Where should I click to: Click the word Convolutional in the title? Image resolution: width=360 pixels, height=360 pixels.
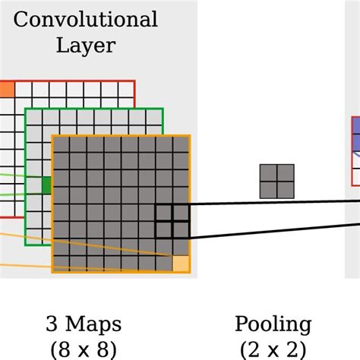click(85, 19)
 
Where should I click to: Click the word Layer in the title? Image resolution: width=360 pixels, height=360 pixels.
click(85, 45)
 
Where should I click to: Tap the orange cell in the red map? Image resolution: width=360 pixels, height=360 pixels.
click(6, 90)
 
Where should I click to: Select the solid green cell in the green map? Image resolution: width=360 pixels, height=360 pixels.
click(46, 185)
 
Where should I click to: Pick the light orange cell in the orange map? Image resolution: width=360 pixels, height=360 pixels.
click(181, 264)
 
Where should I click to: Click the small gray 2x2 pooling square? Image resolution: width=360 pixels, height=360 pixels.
click(277, 182)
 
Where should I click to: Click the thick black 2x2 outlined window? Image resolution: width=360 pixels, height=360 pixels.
click(172, 222)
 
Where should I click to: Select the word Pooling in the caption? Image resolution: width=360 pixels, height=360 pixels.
click(273, 324)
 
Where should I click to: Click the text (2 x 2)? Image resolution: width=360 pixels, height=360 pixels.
click(273, 349)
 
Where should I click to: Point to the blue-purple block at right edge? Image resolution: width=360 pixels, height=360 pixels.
click(355, 134)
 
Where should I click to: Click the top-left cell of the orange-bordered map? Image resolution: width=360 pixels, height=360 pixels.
click(61, 145)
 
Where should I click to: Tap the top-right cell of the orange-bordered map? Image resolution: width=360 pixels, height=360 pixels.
click(181, 145)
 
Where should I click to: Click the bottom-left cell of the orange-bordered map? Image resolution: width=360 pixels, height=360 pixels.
click(61, 264)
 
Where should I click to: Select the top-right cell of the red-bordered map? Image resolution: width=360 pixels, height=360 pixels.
click(126, 90)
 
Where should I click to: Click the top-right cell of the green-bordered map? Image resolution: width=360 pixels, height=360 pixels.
click(154, 117)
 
